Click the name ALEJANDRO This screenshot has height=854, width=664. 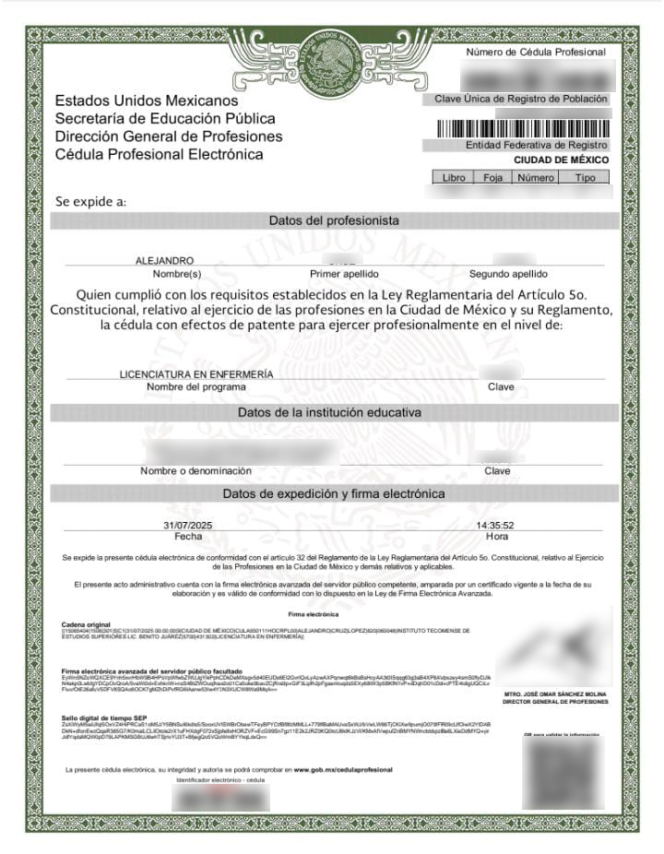(164, 261)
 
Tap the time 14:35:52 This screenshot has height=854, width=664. (495, 525)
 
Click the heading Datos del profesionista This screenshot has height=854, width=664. (333, 221)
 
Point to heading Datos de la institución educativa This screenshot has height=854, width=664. (329, 412)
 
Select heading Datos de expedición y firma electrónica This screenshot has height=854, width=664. (333, 494)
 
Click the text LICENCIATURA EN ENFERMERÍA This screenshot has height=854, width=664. (196, 374)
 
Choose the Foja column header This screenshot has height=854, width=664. (492, 176)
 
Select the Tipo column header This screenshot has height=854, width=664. (585, 176)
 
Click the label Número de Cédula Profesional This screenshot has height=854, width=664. (536, 53)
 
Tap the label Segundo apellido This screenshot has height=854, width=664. (508, 274)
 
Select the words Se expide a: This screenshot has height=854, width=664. (90, 200)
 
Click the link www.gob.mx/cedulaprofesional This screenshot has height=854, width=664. (343, 769)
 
